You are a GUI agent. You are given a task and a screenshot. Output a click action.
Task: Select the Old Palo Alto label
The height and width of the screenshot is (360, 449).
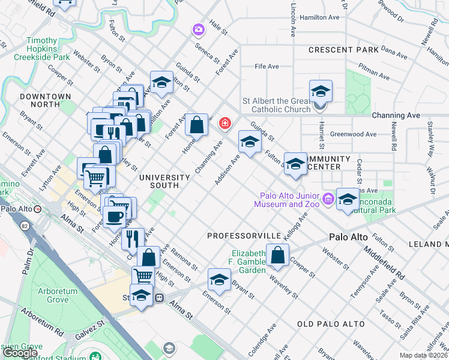tap(331, 324)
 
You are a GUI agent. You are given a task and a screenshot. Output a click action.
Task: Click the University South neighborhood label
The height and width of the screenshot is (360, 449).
tap(164, 181)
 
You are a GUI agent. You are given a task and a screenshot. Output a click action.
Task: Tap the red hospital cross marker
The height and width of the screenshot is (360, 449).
tap(225, 124)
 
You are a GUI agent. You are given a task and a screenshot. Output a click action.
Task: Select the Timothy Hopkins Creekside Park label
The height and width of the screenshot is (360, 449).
tap(41, 49)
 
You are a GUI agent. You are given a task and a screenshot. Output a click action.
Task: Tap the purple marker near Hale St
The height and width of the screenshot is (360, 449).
tap(198, 29)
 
